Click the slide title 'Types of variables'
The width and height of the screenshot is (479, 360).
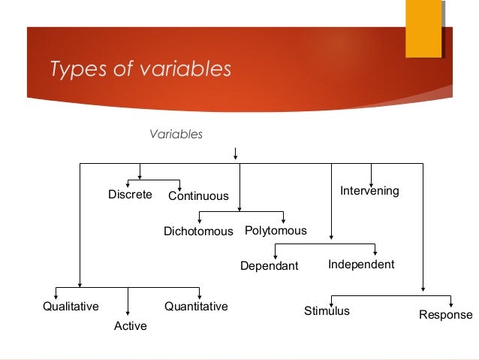pyautogui.click(x=140, y=69)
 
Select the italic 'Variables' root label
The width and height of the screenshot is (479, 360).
pyautogui.click(x=176, y=135)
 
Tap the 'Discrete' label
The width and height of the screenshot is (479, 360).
pyautogui.click(x=130, y=195)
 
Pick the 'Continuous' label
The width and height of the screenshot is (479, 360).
pyautogui.click(x=198, y=196)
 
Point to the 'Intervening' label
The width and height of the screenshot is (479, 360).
pyautogui.click(x=369, y=191)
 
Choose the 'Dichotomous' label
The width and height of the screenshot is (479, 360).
pyautogui.click(x=198, y=231)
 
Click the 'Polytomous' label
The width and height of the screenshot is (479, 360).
pyautogui.click(x=276, y=231)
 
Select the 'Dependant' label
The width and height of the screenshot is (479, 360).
pyautogui.click(x=269, y=266)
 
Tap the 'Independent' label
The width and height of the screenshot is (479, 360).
pyautogui.click(x=361, y=265)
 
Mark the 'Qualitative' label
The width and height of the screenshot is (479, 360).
pyautogui.click(x=71, y=307)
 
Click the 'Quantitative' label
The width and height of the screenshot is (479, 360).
pyautogui.click(x=196, y=307)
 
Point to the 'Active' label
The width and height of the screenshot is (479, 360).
pyautogui.click(x=130, y=326)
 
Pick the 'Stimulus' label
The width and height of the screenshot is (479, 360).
pyautogui.click(x=327, y=310)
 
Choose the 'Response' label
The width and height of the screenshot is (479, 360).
pyautogui.click(x=446, y=315)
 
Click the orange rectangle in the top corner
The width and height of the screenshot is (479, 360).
pyautogui.click(x=423, y=29)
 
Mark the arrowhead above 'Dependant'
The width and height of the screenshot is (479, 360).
pyautogui.click(x=276, y=256)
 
